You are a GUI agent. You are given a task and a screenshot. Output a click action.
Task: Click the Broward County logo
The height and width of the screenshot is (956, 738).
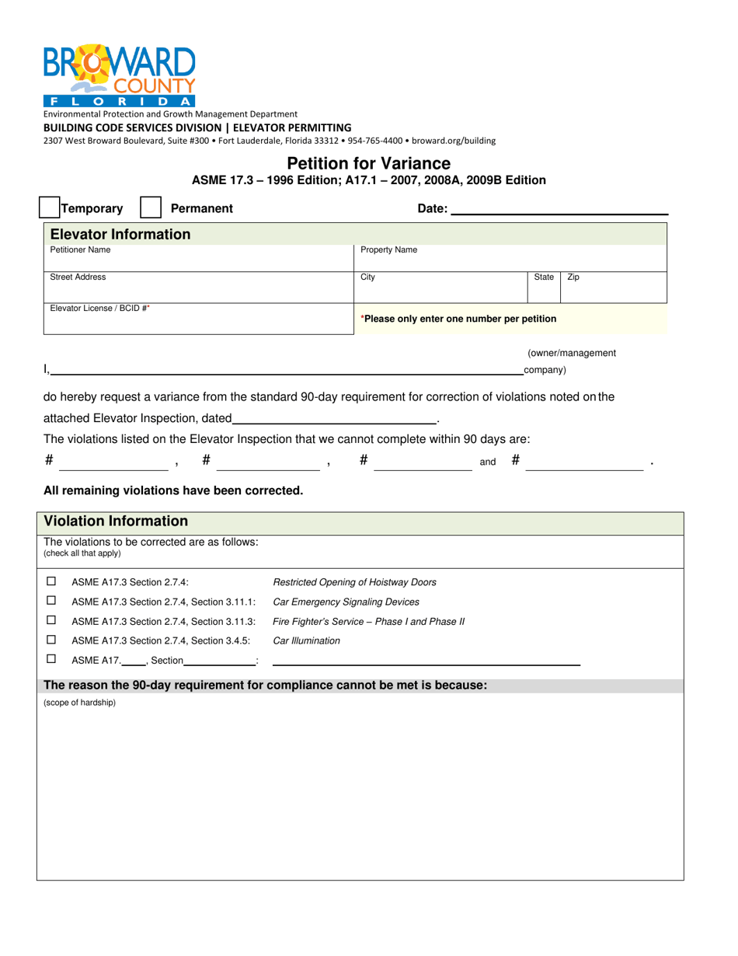coord(120,76)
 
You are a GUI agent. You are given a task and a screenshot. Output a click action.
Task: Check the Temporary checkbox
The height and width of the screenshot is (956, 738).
coord(49,208)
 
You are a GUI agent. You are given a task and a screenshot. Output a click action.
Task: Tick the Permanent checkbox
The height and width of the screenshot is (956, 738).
coord(151,208)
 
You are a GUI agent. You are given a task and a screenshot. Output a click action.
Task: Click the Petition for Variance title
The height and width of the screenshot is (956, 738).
coord(368,163)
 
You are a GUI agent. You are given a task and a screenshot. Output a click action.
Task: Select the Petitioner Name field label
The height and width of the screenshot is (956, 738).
coord(80,250)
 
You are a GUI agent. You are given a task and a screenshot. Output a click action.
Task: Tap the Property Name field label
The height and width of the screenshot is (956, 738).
coord(388,250)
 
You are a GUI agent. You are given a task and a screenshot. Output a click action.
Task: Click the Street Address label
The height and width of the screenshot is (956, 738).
coord(78,277)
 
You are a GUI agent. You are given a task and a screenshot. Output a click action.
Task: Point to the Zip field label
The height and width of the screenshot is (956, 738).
coord(573,277)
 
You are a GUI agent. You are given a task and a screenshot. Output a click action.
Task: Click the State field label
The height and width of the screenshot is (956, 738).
coord(544,277)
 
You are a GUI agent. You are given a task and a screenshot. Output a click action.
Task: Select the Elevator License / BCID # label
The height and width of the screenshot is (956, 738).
coord(100,309)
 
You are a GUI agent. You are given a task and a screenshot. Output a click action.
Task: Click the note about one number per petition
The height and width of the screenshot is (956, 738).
coord(458,319)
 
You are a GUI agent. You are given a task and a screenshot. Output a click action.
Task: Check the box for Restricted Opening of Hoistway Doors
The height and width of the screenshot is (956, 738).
coord(51,581)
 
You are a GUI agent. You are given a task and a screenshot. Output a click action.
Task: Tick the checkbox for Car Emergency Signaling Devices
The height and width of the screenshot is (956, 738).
coord(51,600)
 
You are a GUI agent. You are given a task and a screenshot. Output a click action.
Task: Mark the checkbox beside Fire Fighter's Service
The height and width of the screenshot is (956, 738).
coord(51,619)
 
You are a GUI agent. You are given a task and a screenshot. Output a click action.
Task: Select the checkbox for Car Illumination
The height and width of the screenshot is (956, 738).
coord(51,639)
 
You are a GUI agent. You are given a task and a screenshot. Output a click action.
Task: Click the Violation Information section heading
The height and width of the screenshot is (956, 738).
coord(116,521)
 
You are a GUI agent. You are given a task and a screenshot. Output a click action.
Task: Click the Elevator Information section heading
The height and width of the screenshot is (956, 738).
coord(120,234)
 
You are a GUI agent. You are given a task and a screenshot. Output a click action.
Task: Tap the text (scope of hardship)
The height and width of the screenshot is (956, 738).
coord(79,703)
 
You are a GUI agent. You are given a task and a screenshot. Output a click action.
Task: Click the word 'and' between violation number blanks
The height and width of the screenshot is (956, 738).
coord(488,462)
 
